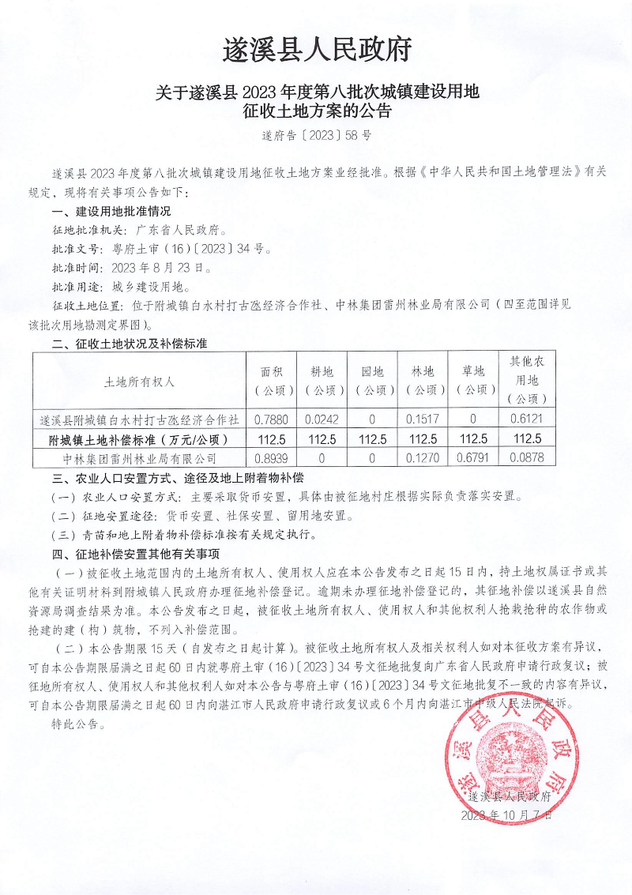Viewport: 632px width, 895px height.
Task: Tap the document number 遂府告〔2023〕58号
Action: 317,135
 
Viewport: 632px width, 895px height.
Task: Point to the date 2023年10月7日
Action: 506,815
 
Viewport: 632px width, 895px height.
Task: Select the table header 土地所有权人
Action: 139,381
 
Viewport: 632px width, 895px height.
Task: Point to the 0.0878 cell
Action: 527,457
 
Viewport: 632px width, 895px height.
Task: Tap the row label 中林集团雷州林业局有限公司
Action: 139,457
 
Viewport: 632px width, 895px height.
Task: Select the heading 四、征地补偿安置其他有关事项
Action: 135,553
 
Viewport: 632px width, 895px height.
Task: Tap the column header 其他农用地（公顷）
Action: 527,380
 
